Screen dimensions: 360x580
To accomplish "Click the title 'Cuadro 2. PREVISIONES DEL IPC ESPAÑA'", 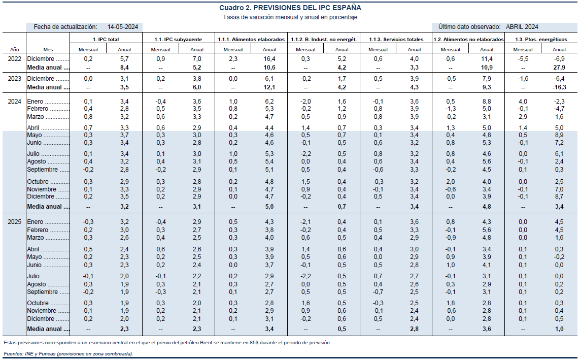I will tap(290, 8).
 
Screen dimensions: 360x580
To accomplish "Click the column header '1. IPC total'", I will tap(106, 40).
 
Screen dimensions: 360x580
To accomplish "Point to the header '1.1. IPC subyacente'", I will tap(179, 40).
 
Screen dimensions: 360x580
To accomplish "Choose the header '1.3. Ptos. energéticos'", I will tap(541, 40).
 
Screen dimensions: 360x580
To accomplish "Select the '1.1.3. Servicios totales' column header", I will tap(396, 40).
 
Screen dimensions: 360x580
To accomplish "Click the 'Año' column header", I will tap(15, 50).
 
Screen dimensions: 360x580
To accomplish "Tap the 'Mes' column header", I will tap(48, 50).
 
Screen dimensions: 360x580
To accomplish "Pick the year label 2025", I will tap(15, 222).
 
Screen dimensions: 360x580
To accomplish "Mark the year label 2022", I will tap(15, 59).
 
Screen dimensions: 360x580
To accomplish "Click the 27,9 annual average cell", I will tap(559, 68).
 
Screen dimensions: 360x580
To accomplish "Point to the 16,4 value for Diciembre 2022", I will tap(269, 59).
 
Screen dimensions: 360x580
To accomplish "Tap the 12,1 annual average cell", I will tap(269, 87).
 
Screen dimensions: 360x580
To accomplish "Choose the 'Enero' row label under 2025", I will tap(36, 222).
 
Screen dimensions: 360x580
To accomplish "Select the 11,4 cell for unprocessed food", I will tap(487, 59).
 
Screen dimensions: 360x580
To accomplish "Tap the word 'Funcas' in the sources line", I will tap(48, 354).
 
